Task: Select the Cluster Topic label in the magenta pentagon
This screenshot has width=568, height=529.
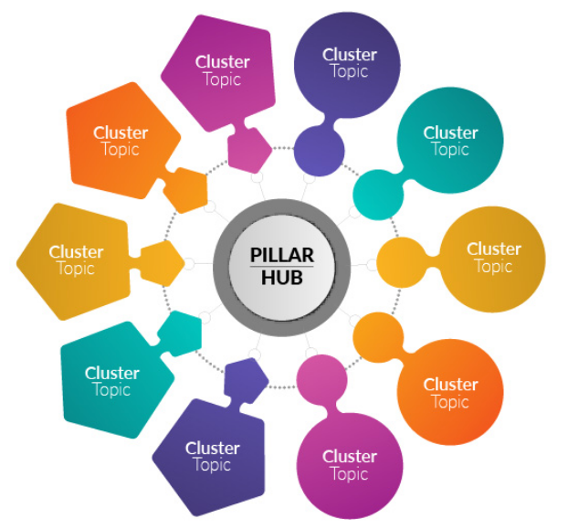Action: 222,70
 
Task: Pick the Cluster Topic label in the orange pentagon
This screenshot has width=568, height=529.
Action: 121,141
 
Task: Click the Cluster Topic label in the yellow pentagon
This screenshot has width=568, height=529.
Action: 76,260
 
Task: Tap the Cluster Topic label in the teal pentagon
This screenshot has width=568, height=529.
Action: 111,381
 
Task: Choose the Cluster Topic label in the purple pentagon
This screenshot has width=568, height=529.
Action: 212,456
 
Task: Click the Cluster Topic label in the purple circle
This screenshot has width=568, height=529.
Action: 349,63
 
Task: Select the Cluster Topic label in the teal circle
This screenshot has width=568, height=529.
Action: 450,141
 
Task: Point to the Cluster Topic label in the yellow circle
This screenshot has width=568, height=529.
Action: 493,258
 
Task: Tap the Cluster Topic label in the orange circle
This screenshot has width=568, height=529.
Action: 450,393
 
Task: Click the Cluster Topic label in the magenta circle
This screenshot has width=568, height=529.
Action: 349,464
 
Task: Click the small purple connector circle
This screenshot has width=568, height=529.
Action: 319,150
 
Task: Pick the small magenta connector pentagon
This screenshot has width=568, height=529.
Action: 248,148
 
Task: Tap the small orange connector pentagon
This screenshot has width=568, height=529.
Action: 187,189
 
